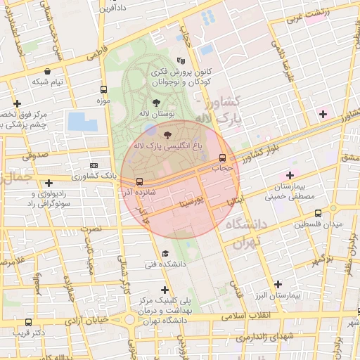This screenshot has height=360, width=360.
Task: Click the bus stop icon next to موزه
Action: click(x=104, y=90)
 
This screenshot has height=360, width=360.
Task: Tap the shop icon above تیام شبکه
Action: click(x=47, y=71)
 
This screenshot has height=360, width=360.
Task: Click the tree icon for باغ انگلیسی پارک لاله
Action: click(x=167, y=134)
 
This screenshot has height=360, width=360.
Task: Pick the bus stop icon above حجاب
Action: click(x=222, y=157)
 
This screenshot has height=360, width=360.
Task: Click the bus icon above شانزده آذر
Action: click(x=139, y=181)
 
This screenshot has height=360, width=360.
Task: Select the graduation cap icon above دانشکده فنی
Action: click(x=165, y=253)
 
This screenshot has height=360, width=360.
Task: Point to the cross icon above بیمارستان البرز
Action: click(x=278, y=285)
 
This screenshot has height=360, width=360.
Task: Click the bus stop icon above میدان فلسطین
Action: click(x=318, y=213)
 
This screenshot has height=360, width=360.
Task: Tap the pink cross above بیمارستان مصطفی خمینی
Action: click(x=290, y=174)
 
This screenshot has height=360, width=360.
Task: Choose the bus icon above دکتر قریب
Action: click(x=27, y=323)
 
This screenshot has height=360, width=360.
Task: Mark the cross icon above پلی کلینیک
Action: click(x=165, y=289)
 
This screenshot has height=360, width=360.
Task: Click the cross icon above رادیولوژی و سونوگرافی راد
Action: click(x=49, y=183)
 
